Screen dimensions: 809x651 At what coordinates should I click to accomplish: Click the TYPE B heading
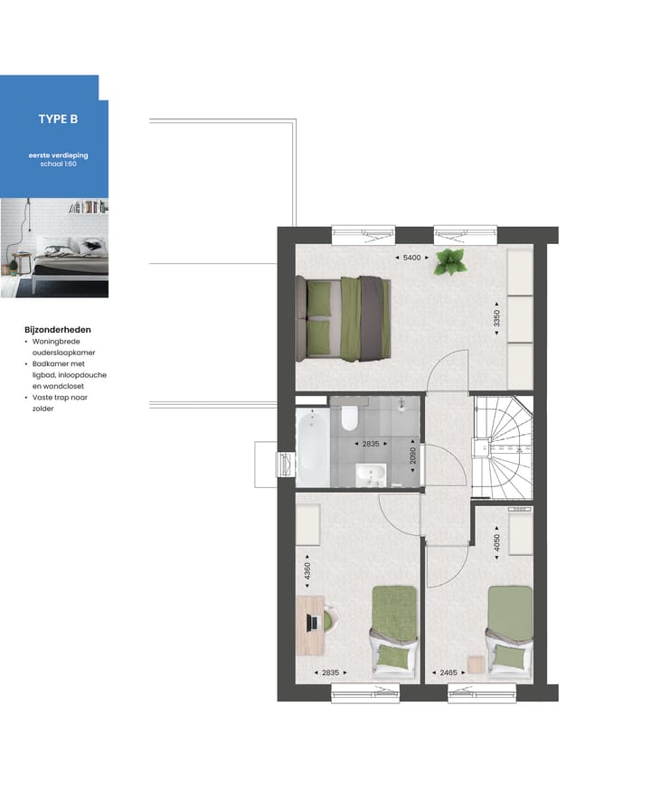pyautogui.click(x=58, y=118)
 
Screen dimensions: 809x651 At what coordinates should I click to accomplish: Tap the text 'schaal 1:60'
pyautogui.click(x=58, y=165)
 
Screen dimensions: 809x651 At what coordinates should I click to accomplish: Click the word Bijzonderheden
pyautogui.click(x=58, y=330)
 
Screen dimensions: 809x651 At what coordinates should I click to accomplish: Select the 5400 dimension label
pyautogui.click(x=411, y=259)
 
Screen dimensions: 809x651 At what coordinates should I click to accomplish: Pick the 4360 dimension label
pyautogui.click(x=307, y=572)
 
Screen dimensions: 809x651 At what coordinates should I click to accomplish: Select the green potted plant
pyautogui.click(x=449, y=262)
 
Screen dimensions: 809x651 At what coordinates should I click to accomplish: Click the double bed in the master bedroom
pyautogui.click(x=348, y=316)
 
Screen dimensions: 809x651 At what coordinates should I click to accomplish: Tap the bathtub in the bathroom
pyautogui.click(x=312, y=447)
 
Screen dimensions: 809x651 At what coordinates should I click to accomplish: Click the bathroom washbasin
pyautogui.click(x=370, y=473)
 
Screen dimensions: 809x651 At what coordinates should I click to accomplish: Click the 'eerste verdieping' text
pyautogui.click(x=58, y=155)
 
